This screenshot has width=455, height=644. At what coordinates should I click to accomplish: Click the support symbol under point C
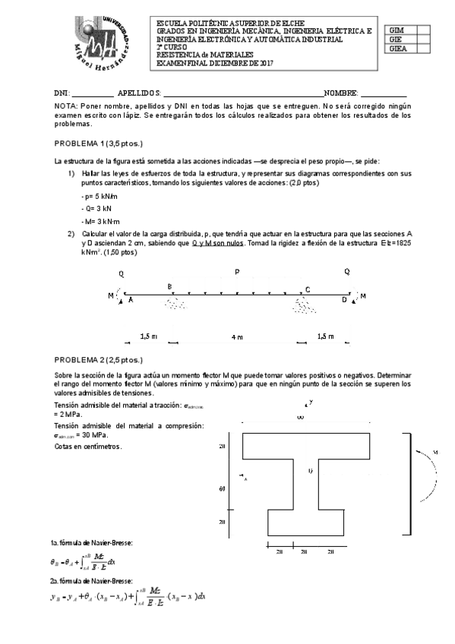(306, 305)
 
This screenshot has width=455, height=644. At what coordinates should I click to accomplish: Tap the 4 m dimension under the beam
(237, 336)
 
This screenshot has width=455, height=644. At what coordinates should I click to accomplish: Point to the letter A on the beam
(130, 300)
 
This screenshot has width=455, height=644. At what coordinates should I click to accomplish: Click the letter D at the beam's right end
(344, 300)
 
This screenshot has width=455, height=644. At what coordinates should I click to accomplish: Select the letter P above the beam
(237, 271)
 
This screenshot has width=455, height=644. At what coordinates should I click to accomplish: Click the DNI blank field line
(93, 92)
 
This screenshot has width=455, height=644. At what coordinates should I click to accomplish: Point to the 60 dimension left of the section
(222, 488)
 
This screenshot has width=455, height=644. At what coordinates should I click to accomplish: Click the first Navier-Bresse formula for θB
(82, 563)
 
